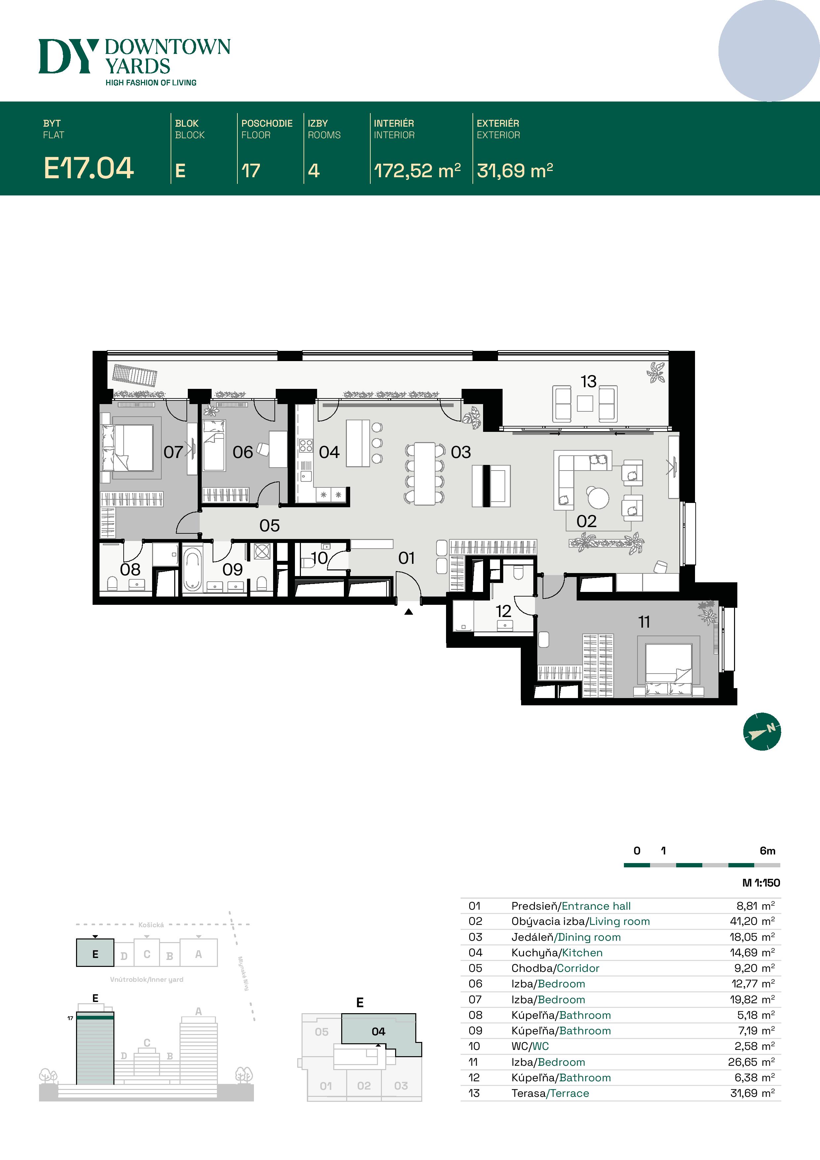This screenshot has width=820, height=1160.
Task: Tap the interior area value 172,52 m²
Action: coord(417,171)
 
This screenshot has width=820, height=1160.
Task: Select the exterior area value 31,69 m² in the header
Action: coord(514,171)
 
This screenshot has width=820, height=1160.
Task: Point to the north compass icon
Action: coord(762,731)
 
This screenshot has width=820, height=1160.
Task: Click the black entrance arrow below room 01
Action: coord(409,612)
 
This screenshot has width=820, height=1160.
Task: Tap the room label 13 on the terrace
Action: coord(588,382)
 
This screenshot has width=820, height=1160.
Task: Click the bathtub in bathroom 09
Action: coord(192,570)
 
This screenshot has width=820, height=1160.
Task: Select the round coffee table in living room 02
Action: coord(598,497)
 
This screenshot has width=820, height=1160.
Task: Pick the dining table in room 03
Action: coord(425,474)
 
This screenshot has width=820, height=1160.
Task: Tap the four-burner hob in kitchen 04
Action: coord(306,445)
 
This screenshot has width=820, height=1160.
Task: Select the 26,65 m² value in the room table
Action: coord(751,1062)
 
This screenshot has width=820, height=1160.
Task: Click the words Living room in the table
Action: coord(619,921)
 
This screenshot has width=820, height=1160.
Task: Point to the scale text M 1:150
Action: coord(761,883)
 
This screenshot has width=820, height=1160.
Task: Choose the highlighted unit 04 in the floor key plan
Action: coord(378,1031)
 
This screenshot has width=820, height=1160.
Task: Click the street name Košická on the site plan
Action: coord(151,925)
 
